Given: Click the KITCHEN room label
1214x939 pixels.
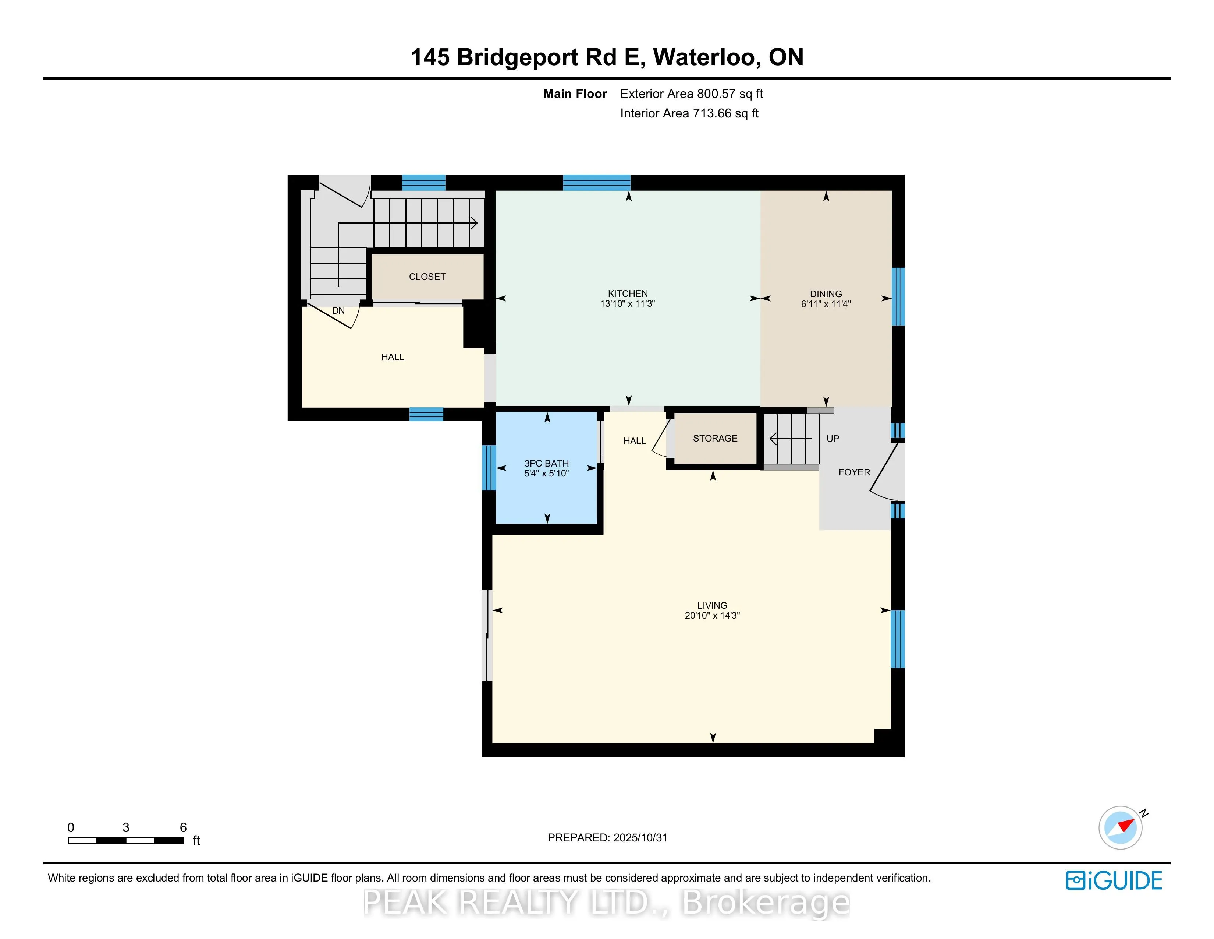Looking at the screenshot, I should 628,293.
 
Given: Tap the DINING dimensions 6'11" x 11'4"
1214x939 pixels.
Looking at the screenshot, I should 826,304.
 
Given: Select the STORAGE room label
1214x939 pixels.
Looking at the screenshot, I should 715,438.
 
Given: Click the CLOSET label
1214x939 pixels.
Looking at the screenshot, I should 427,277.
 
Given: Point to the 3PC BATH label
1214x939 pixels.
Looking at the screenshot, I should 546,463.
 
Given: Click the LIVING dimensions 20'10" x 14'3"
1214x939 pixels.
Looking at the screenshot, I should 712,615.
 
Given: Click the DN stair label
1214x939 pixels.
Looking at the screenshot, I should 338,310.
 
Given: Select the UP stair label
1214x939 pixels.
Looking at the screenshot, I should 832,438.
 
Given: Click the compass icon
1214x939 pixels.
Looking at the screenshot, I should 1120,827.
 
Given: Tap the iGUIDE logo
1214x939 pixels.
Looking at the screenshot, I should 1114,880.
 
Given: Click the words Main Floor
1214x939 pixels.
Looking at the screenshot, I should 575,94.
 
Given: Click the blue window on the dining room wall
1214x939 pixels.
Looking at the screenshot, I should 898,296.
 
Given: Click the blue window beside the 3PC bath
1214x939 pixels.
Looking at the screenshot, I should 488,467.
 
